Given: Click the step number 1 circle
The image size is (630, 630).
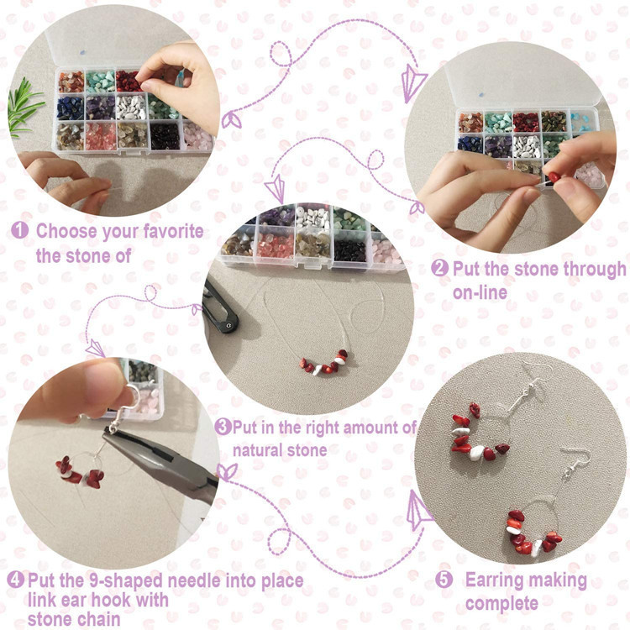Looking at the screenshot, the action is [19, 230].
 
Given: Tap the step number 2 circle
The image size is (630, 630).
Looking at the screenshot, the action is [439, 268].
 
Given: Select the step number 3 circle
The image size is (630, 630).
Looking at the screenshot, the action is [223, 426].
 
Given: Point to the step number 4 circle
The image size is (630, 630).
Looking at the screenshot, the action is [16, 580].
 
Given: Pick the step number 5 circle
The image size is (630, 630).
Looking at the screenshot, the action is [444, 580].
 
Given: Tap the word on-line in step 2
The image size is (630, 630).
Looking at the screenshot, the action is [480, 292].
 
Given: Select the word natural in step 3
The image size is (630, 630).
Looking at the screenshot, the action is [260, 450].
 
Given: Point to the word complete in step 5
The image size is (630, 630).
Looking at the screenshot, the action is [501, 603].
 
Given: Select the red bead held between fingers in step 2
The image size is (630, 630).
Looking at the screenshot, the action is [554, 177].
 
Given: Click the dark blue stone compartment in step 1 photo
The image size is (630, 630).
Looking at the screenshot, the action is [70, 108].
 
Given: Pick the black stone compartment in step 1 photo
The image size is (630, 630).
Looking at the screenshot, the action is [165, 137].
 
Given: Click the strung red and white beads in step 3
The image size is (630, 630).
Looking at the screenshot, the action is [323, 363].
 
